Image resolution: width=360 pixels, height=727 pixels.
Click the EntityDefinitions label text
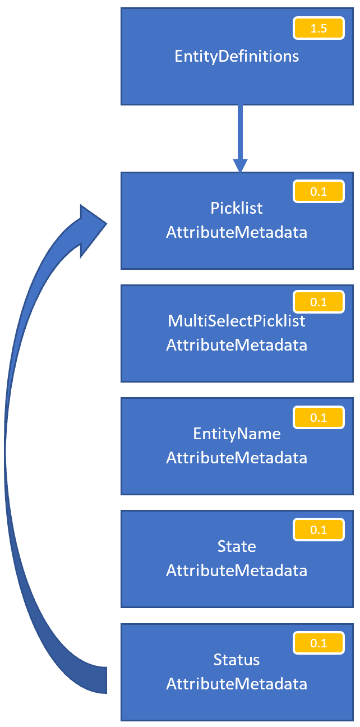point(237,56)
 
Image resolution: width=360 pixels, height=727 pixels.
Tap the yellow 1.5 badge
point(319,28)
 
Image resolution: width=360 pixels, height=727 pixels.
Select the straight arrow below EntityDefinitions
point(240,137)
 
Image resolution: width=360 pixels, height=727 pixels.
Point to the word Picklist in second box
point(237,208)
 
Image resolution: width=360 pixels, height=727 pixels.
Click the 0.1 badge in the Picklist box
point(319,192)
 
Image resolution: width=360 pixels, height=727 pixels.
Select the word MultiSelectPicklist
point(237,321)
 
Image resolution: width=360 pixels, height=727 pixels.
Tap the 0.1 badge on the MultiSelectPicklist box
point(319,302)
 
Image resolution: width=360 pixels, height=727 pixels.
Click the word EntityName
point(237,434)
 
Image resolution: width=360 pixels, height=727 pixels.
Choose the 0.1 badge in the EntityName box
point(319,417)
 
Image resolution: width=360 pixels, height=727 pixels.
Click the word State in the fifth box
point(237,546)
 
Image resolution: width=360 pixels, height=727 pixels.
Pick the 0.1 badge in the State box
point(319,530)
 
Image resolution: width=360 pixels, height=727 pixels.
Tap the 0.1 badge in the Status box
point(319,643)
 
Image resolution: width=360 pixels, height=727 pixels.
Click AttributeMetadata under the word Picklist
point(237,232)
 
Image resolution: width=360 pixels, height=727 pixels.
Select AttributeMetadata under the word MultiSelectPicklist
point(237,344)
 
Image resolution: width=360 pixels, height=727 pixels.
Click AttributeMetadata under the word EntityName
point(237,458)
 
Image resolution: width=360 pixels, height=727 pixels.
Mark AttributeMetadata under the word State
point(237,570)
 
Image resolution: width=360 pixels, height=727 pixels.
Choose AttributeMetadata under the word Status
point(237,684)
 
